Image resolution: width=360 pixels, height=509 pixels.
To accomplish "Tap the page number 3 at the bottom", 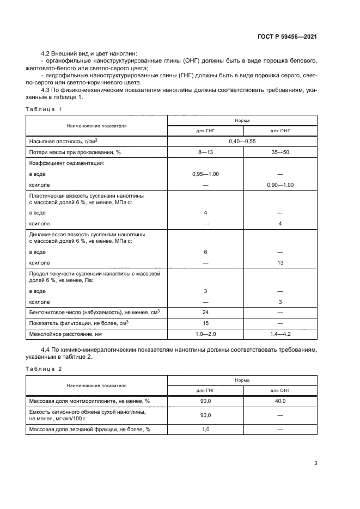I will (x=315, y=463).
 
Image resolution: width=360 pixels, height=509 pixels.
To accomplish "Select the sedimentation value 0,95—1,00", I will (x=205, y=174).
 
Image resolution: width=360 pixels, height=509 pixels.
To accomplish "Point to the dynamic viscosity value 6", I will (x=205, y=252).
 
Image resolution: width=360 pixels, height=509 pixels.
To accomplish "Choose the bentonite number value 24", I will (x=205, y=312).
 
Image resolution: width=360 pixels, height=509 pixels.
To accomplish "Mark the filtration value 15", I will (x=205, y=323).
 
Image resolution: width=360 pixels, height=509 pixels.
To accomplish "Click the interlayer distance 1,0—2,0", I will (x=205, y=333).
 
